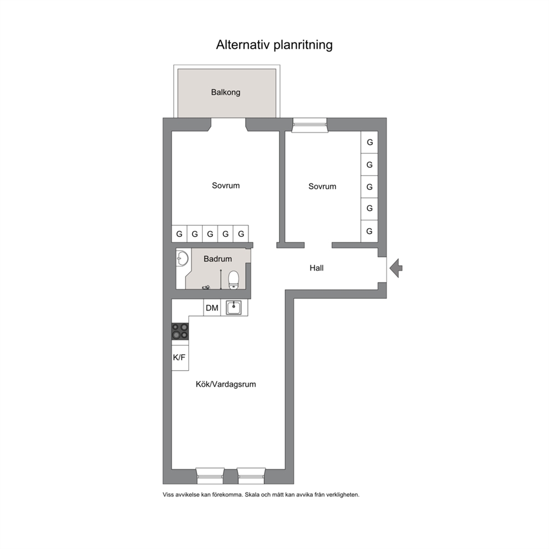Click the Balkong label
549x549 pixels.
[225, 92]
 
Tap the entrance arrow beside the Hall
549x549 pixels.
[396, 268]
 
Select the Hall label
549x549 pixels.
[317, 268]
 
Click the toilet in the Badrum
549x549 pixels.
[233, 280]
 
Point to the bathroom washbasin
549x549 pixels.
[182, 259]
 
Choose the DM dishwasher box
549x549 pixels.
[212, 308]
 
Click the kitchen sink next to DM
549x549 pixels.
[234, 308]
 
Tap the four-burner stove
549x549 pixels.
[180, 331]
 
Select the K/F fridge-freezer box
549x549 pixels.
[180, 358]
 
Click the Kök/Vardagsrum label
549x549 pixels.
[226, 385]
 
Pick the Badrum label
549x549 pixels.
[218, 259]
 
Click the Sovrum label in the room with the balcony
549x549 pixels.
[226, 185]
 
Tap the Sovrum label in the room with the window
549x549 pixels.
[322, 187]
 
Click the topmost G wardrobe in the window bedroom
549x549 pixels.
[369, 142]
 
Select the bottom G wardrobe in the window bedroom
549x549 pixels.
[369, 231]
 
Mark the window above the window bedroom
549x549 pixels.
[309, 125]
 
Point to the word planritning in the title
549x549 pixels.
[303, 45]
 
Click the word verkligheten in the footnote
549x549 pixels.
[343, 495]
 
